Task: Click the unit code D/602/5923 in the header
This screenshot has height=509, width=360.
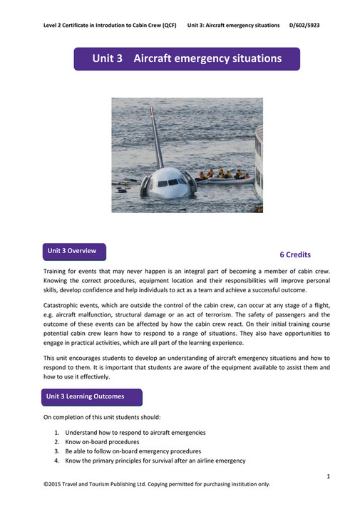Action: (x=305, y=25)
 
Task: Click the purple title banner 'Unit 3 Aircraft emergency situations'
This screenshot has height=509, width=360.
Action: (x=187, y=58)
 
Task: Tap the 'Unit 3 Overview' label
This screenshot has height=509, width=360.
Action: (x=75, y=251)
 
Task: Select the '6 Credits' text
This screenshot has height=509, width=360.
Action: (x=295, y=254)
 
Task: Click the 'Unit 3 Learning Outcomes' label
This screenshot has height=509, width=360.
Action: (x=85, y=396)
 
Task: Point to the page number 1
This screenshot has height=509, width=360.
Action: (x=328, y=475)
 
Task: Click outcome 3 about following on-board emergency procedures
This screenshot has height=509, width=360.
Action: (x=133, y=451)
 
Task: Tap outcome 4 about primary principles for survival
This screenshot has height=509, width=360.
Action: (x=155, y=461)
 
